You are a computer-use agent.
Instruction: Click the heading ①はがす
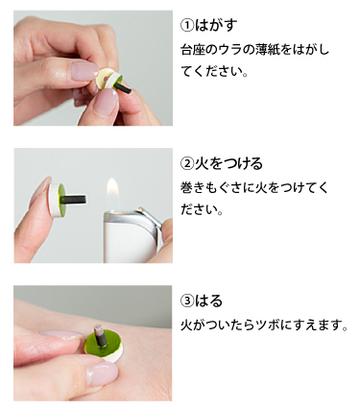[x=211, y=25]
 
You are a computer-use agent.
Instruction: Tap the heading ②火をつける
[x=222, y=163]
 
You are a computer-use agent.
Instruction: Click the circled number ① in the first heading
[x=187, y=25]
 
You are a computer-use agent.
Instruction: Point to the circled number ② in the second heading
[x=187, y=163]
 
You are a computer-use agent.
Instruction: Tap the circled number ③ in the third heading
[x=187, y=301]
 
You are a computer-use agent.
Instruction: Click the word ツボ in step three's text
[x=273, y=326]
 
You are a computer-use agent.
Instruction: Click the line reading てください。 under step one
[x=214, y=72]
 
